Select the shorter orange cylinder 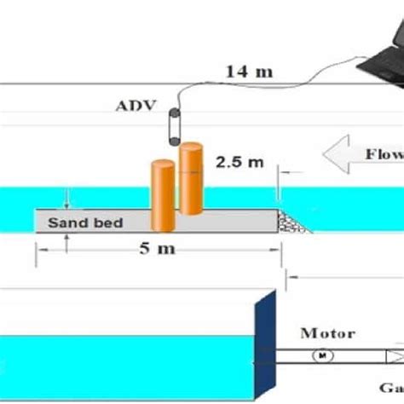[x=162, y=195]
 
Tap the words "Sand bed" [x=85, y=223]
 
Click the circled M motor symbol [x=323, y=356]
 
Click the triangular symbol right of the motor [x=394, y=356]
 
